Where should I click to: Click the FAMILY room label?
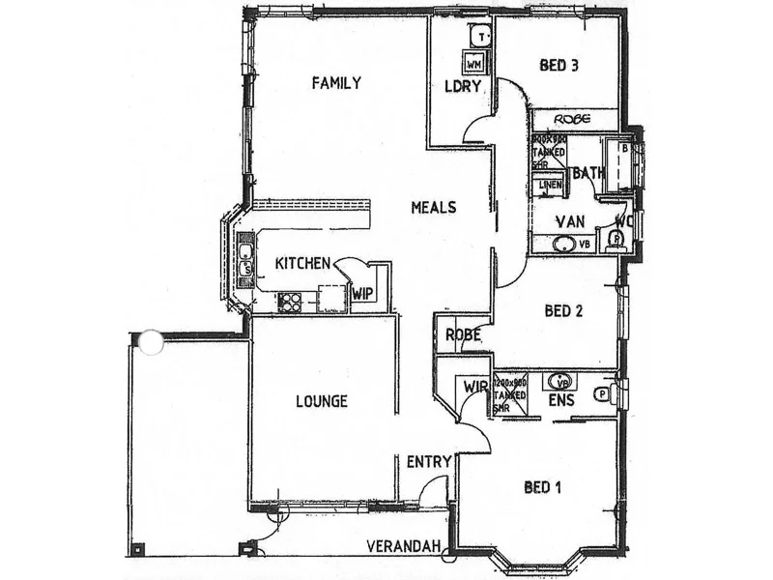336,83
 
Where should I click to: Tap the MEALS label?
433,207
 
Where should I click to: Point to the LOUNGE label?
322,401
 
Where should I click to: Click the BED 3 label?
558,66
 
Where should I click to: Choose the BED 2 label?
564,311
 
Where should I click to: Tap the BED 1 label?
543,486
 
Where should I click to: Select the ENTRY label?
428,462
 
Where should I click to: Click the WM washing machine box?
473,64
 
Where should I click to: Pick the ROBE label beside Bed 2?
463,335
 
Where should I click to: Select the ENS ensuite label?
562,398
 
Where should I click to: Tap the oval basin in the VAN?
563,244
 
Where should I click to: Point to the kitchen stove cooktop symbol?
290,302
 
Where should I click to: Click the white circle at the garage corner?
151,341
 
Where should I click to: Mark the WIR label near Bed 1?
475,387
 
